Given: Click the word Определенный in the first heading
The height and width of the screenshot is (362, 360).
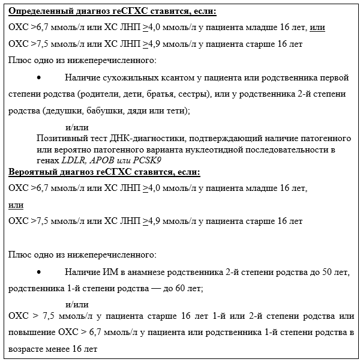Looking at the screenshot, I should (36, 11).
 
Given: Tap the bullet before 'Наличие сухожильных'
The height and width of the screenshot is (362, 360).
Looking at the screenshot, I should (39, 78).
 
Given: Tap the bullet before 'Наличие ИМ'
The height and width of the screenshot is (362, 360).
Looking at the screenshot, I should (39, 272).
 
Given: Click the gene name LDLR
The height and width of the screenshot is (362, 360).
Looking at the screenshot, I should (73, 160).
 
